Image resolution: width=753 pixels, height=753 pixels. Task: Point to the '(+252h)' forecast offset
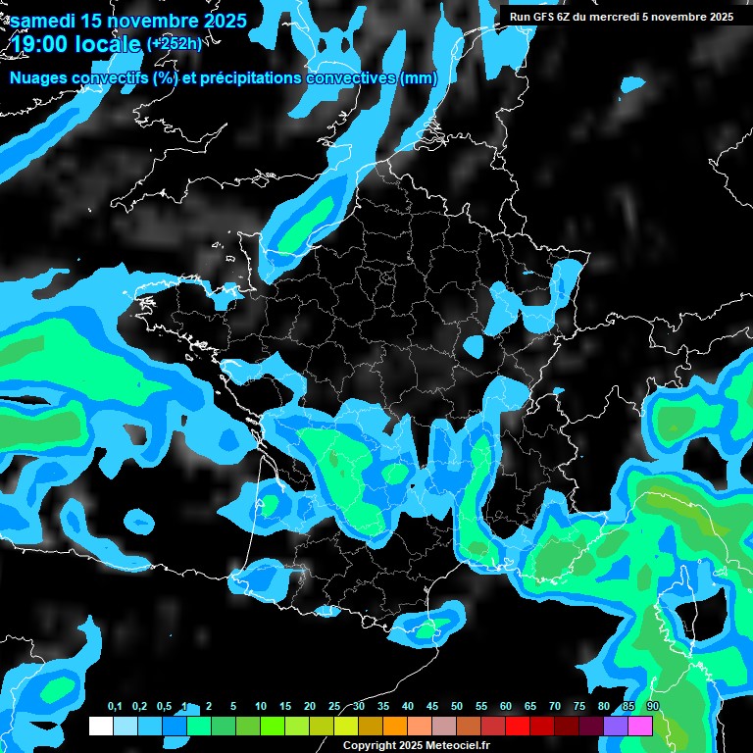(x=175, y=44)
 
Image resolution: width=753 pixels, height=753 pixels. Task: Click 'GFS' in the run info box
(x=544, y=16)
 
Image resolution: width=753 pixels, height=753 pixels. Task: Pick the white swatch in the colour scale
(x=100, y=726)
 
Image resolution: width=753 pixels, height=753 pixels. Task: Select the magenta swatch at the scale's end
(x=640, y=726)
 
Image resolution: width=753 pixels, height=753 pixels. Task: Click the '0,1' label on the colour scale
(x=115, y=707)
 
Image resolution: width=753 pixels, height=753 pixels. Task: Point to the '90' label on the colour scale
(x=653, y=707)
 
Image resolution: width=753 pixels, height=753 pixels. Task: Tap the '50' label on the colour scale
(x=457, y=707)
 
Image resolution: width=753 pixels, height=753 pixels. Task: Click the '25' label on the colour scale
(x=334, y=707)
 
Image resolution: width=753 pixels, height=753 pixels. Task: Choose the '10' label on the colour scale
(x=261, y=707)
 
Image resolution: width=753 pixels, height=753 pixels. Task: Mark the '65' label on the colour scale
(x=530, y=707)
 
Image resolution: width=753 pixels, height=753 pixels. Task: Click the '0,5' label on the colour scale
(x=164, y=707)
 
